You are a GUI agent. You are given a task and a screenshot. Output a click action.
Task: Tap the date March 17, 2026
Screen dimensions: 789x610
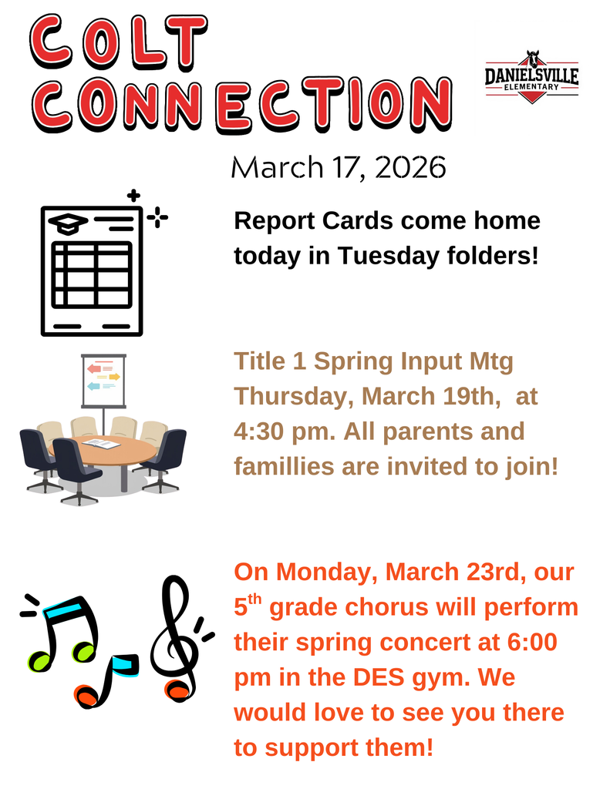pos(339,167)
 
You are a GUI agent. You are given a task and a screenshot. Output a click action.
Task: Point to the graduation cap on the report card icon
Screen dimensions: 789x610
pos(68,223)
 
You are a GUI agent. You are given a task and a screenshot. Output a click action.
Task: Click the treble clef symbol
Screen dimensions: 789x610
pos(175,640)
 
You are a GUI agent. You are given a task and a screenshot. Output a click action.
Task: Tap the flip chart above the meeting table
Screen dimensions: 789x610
pos(103,381)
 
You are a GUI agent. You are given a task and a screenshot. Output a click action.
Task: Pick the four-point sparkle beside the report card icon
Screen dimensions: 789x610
pos(158,219)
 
